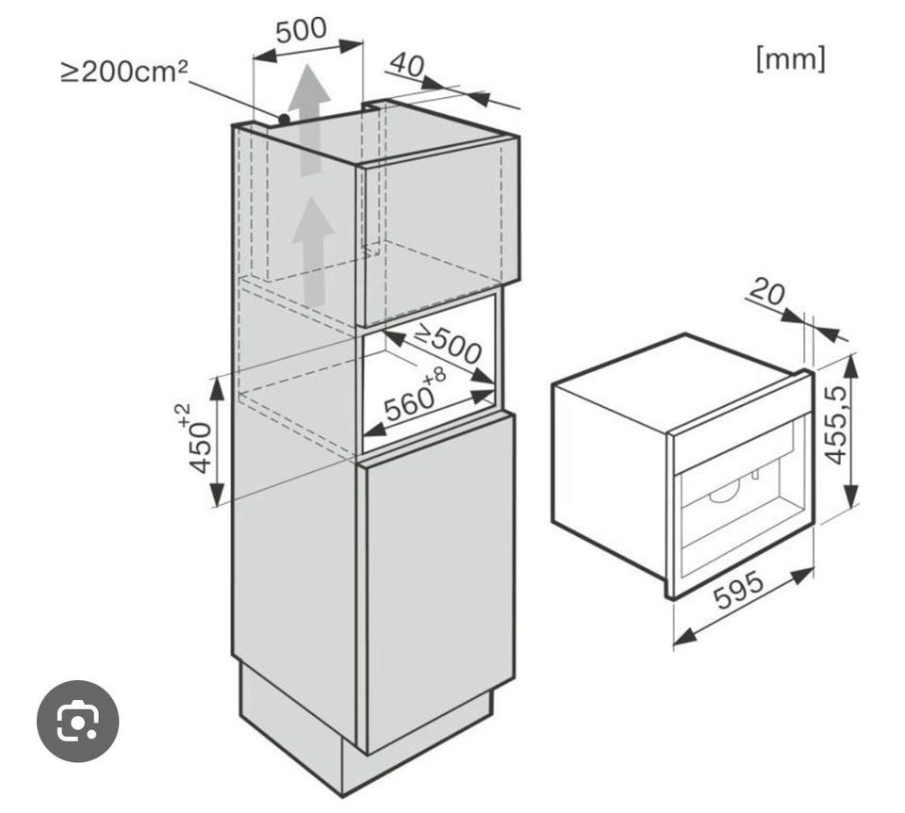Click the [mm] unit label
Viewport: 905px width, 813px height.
coord(790,58)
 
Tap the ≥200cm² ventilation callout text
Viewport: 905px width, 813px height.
coord(124,72)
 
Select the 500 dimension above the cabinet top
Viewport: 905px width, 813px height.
coord(301,30)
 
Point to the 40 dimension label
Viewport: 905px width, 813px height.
coord(406,65)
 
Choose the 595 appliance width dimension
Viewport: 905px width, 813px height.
coord(739,591)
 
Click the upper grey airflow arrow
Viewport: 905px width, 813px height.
coord(310,120)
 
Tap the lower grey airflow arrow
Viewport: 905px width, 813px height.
coord(312,252)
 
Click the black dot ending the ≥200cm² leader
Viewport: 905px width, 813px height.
coord(284,120)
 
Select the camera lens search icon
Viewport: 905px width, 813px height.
coord(78,721)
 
